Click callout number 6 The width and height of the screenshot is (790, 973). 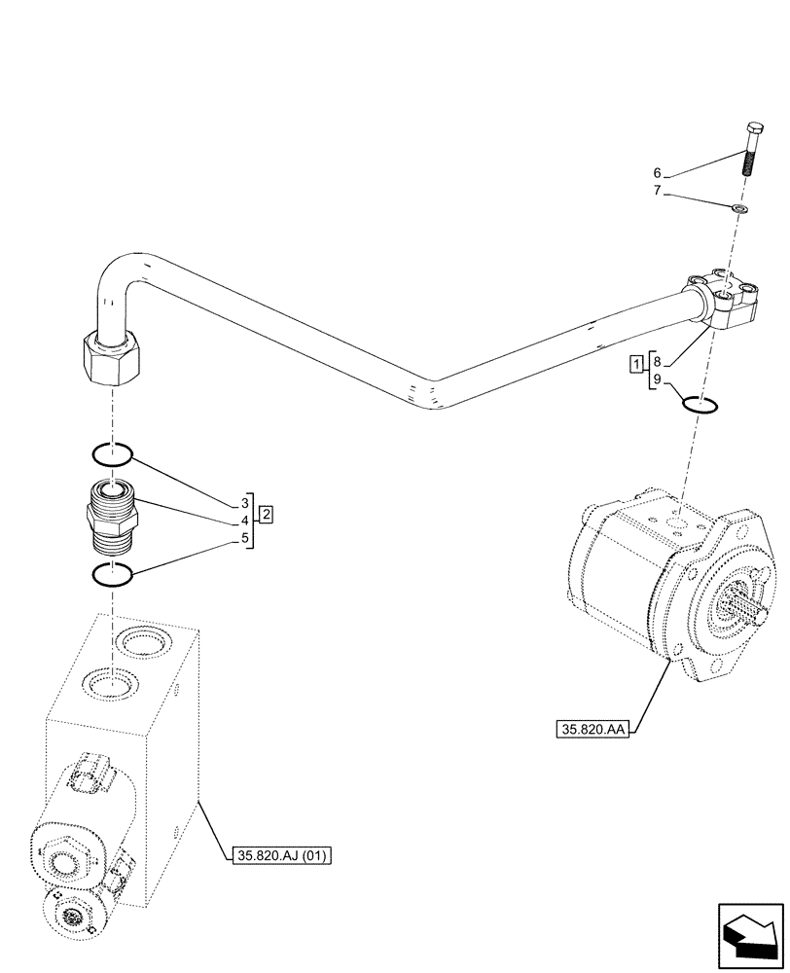(x=659, y=173)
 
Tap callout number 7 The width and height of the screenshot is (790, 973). (x=659, y=191)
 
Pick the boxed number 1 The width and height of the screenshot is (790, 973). (x=635, y=365)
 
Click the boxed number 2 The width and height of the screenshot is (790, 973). (x=266, y=512)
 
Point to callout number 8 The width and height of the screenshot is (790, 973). (x=659, y=359)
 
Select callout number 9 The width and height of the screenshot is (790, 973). (x=659, y=379)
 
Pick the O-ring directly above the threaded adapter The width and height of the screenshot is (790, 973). (x=112, y=453)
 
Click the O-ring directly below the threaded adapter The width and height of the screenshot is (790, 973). (x=112, y=575)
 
